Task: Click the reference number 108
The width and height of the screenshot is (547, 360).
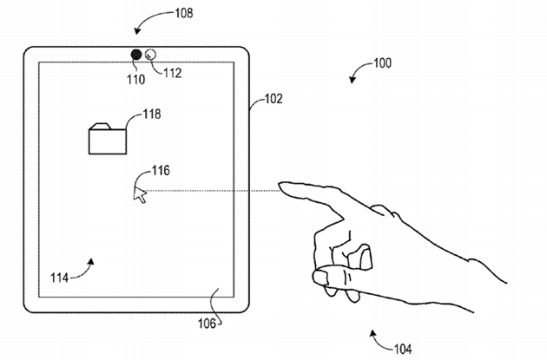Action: [x=182, y=13]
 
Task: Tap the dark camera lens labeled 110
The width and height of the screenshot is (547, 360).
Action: [x=137, y=56]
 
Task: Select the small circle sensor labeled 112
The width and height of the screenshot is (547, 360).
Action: [x=150, y=55]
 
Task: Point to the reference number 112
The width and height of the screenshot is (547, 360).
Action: [x=172, y=74]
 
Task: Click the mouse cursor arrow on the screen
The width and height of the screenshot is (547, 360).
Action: [x=139, y=194]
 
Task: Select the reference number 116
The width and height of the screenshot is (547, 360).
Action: [x=161, y=170]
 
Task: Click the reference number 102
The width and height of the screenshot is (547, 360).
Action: [x=273, y=100]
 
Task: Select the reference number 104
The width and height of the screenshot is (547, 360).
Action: [x=403, y=350]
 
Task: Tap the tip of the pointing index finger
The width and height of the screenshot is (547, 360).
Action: [x=282, y=186]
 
